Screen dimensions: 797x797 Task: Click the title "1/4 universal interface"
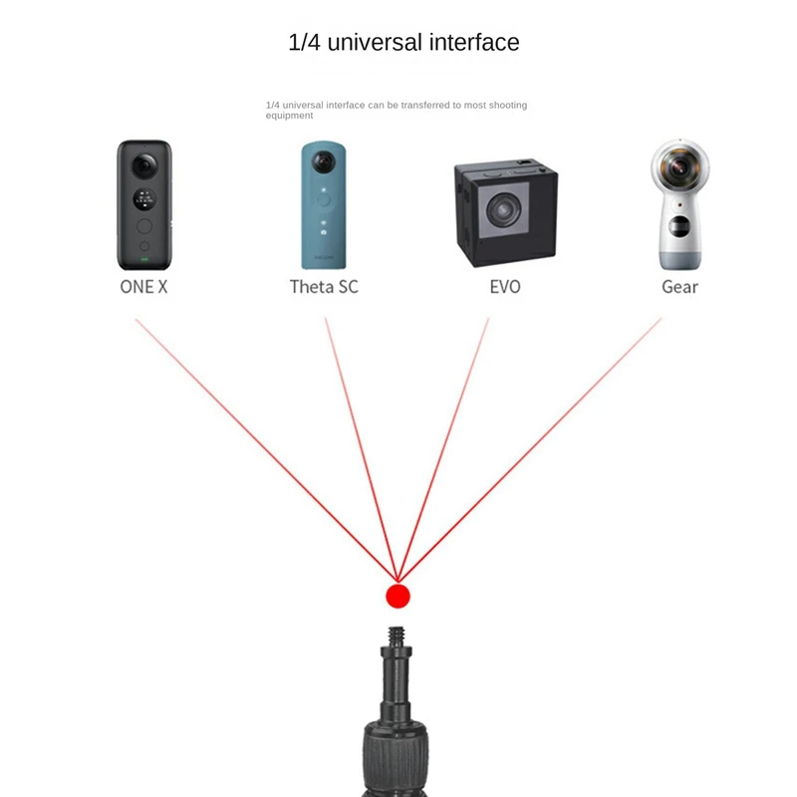point(402,43)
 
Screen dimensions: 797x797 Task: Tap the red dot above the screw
point(398,596)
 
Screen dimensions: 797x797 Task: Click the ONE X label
point(143,287)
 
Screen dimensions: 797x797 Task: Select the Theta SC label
point(324,287)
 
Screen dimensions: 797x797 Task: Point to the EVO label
point(504,287)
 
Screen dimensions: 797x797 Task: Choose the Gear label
point(679,287)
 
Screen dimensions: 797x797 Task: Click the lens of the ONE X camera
point(144,165)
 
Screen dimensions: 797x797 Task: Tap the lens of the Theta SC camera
point(324,163)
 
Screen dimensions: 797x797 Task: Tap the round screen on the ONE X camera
point(144,198)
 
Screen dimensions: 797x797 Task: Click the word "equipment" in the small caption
point(290,116)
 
